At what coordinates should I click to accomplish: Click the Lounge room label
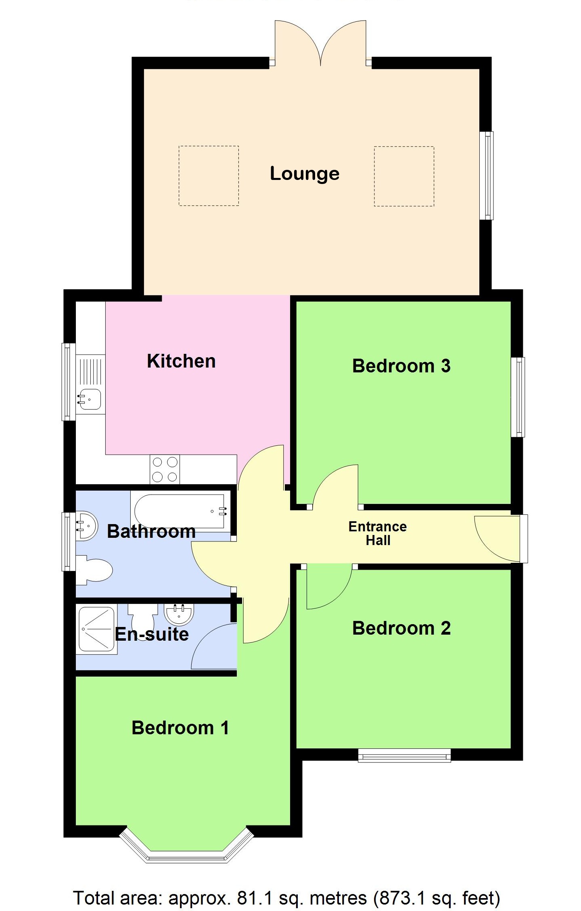(304, 174)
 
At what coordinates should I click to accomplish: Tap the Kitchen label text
(181, 361)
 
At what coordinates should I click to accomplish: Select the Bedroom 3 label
(401, 366)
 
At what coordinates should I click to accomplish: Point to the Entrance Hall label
(378, 533)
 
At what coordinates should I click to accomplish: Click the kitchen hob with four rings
(165, 469)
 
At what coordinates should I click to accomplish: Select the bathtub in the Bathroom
(180, 511)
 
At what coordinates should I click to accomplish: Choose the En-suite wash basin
(179, 613)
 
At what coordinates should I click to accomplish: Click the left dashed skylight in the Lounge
(209, 176)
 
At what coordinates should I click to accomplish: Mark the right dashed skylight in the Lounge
(404, 176)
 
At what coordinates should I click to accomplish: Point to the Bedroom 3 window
(518, 397)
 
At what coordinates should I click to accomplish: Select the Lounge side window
(488, 176)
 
